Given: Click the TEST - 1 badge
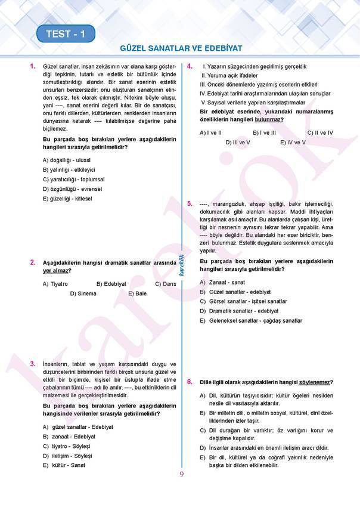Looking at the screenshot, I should point(66,35).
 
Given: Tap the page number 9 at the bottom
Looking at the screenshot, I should point(181,474).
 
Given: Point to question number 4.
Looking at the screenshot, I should point(189,66).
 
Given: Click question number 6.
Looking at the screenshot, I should point(189,382).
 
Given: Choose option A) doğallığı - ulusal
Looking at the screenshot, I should point(67,160).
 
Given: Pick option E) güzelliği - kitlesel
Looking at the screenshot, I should point(67,198).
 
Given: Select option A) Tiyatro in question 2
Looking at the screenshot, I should point(55,284).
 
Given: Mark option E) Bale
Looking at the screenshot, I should point(137,293).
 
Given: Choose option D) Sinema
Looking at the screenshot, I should point(83,293).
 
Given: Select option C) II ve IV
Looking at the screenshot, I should point(320,132).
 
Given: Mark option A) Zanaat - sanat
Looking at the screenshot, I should point(222,282).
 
